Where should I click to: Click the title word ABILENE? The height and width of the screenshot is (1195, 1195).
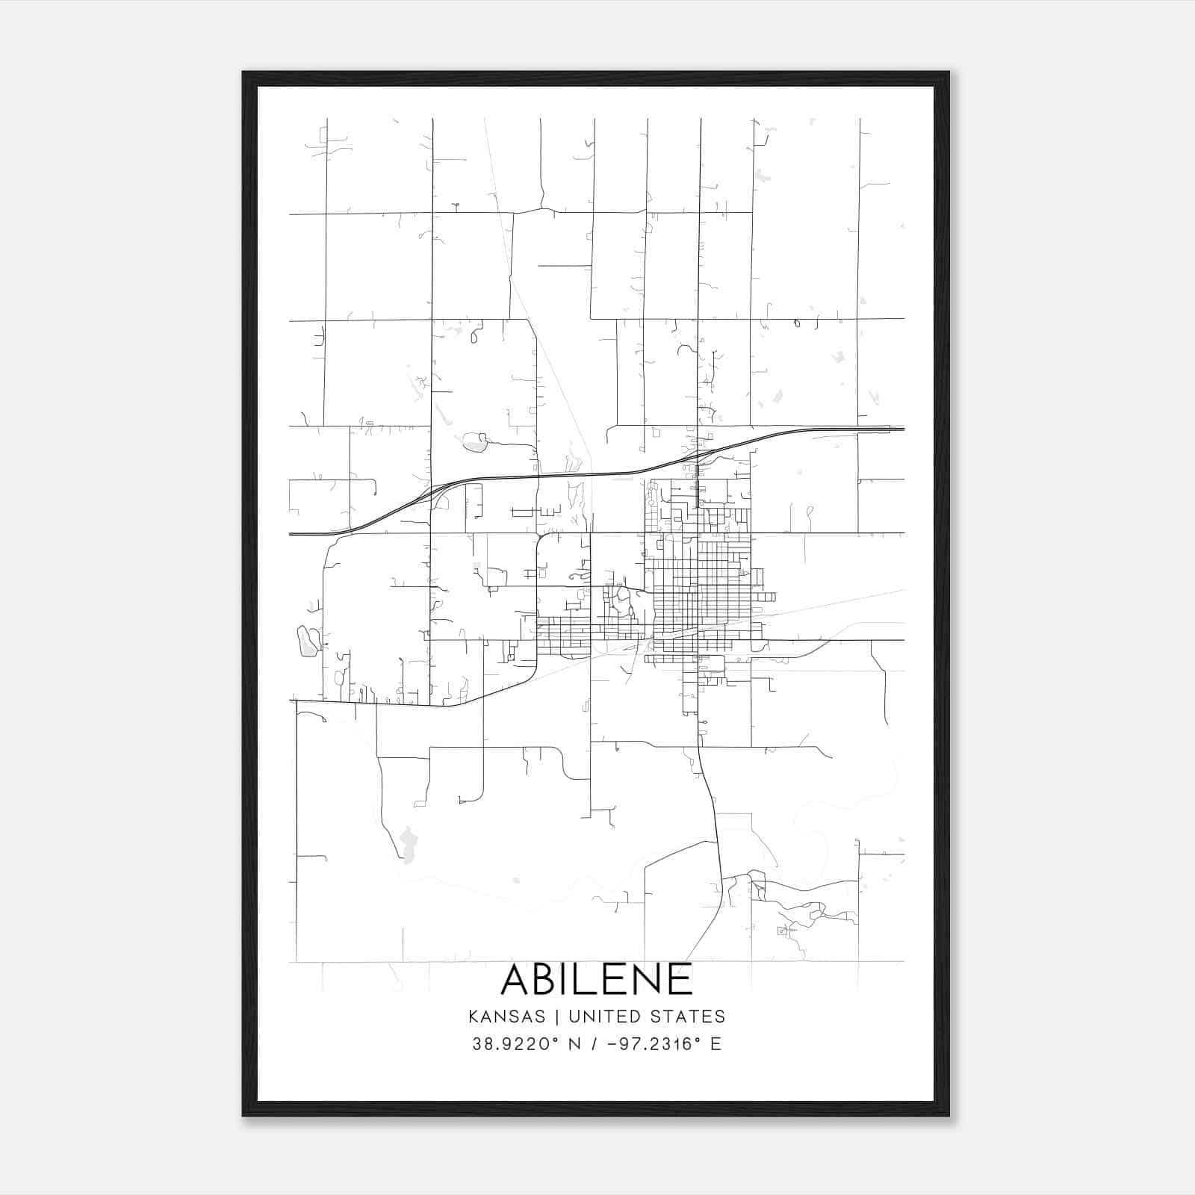[x=597, y=979]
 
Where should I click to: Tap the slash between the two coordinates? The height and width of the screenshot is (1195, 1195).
[x=594, y=1044]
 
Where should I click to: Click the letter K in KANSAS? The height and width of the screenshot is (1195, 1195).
[x=474, y=1016]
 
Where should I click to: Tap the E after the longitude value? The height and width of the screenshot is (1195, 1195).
[x=716, y=1044]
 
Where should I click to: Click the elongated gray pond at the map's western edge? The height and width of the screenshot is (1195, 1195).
[x=306, y=642]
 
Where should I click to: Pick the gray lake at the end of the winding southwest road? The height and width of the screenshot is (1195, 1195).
[x=407, y=844]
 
